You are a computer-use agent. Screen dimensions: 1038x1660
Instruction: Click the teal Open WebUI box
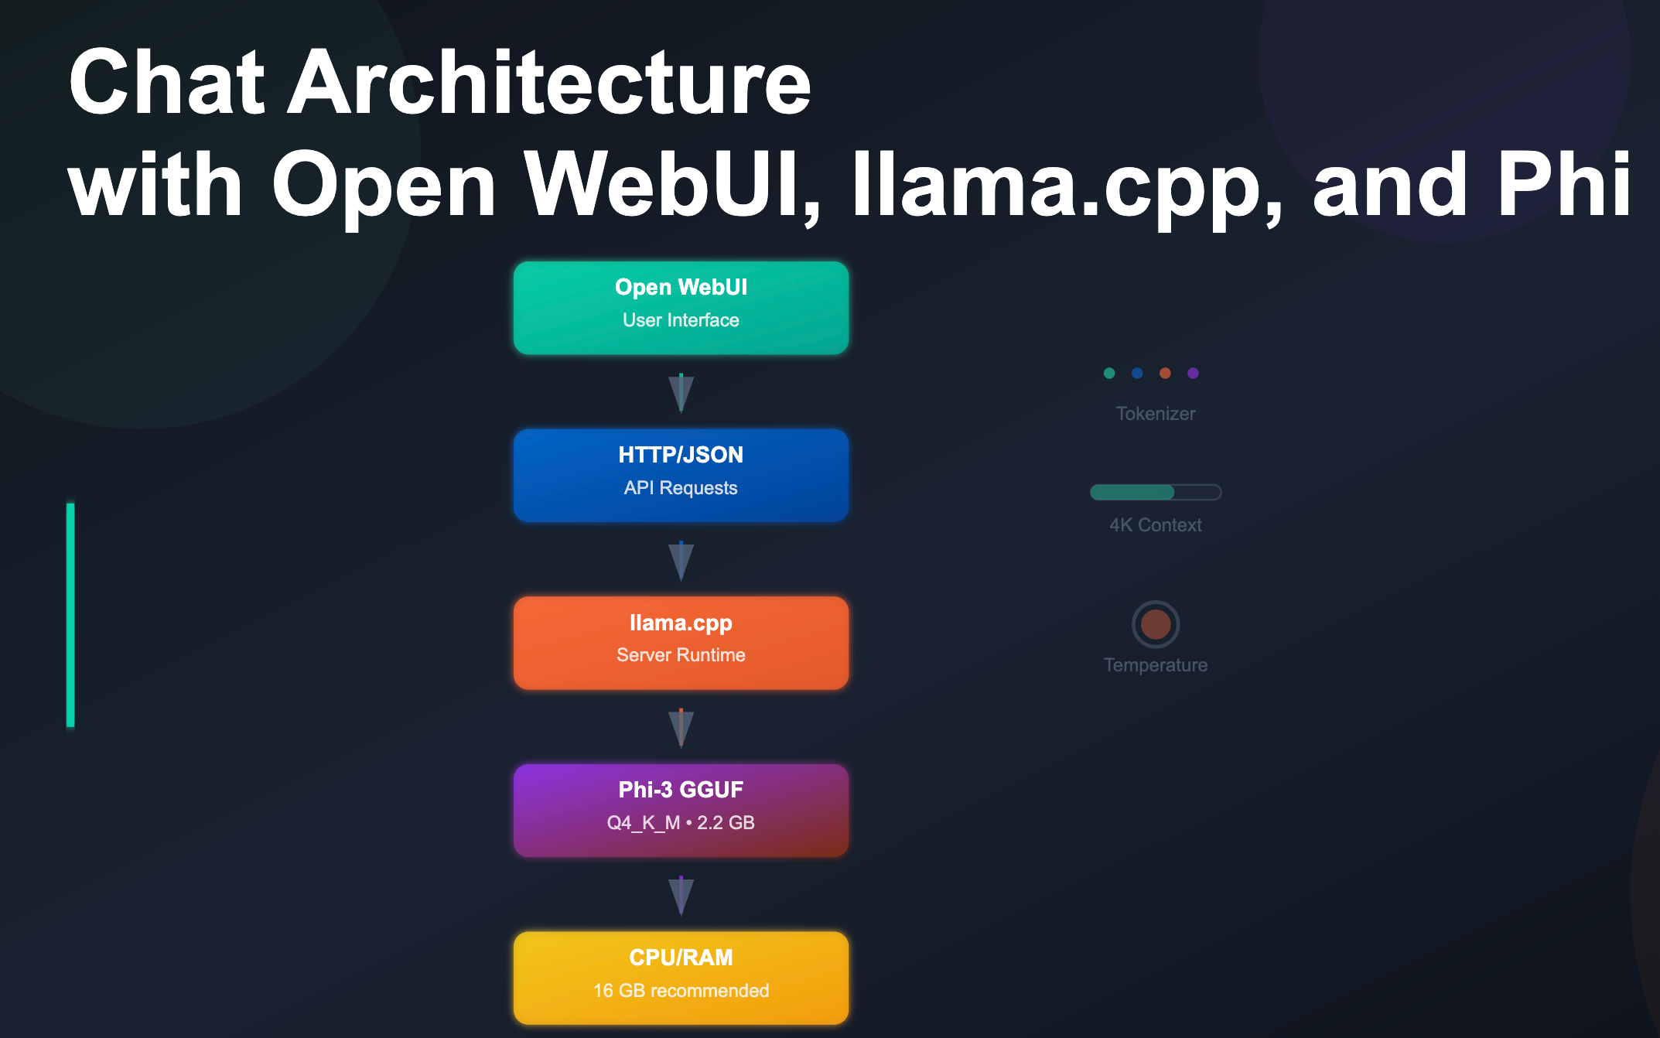(681, 308)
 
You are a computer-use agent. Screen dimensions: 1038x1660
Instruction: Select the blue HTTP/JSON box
(681, 475)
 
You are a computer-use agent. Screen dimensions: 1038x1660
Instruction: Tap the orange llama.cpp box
(681, 642)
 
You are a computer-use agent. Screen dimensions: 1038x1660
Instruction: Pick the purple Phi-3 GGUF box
(681, 810)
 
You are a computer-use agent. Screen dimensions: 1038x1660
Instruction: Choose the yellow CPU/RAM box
(681, 978)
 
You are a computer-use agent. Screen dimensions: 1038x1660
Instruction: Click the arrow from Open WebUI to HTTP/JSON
(681, 393)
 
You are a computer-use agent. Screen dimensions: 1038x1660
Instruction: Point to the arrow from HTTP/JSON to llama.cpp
(681, 560)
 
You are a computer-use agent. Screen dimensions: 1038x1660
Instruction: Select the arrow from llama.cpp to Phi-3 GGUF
(681, 728)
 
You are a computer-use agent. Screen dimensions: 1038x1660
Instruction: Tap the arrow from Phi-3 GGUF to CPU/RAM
(681, 896)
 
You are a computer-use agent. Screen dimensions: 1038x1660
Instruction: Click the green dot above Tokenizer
(1109, 373)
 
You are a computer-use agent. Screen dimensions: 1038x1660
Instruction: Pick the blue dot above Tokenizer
(1137, 373)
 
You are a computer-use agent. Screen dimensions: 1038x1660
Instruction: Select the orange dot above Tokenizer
(1165, 373)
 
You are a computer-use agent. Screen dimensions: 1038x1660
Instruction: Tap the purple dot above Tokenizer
(1193, 373)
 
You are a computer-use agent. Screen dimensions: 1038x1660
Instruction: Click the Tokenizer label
(1156, 414)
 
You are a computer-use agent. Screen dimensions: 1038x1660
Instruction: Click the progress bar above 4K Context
(1156, 492)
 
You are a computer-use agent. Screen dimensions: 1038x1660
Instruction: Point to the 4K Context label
(1156, 525)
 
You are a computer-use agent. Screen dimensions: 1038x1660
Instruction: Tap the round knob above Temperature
(1156, 624)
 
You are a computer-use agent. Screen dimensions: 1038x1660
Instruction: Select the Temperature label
(1156, 665)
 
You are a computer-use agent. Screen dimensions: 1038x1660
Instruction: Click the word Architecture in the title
(549, 82)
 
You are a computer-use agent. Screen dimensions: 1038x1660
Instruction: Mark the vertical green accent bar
(70, 615)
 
